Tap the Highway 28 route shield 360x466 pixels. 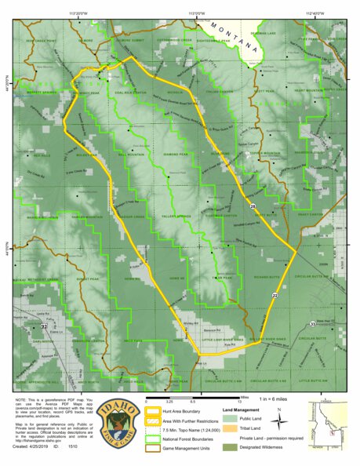(253, 206)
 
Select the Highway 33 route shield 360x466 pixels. (312, 323)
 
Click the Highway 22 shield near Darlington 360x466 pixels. (45, 315)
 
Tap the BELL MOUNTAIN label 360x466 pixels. (129, 155)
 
